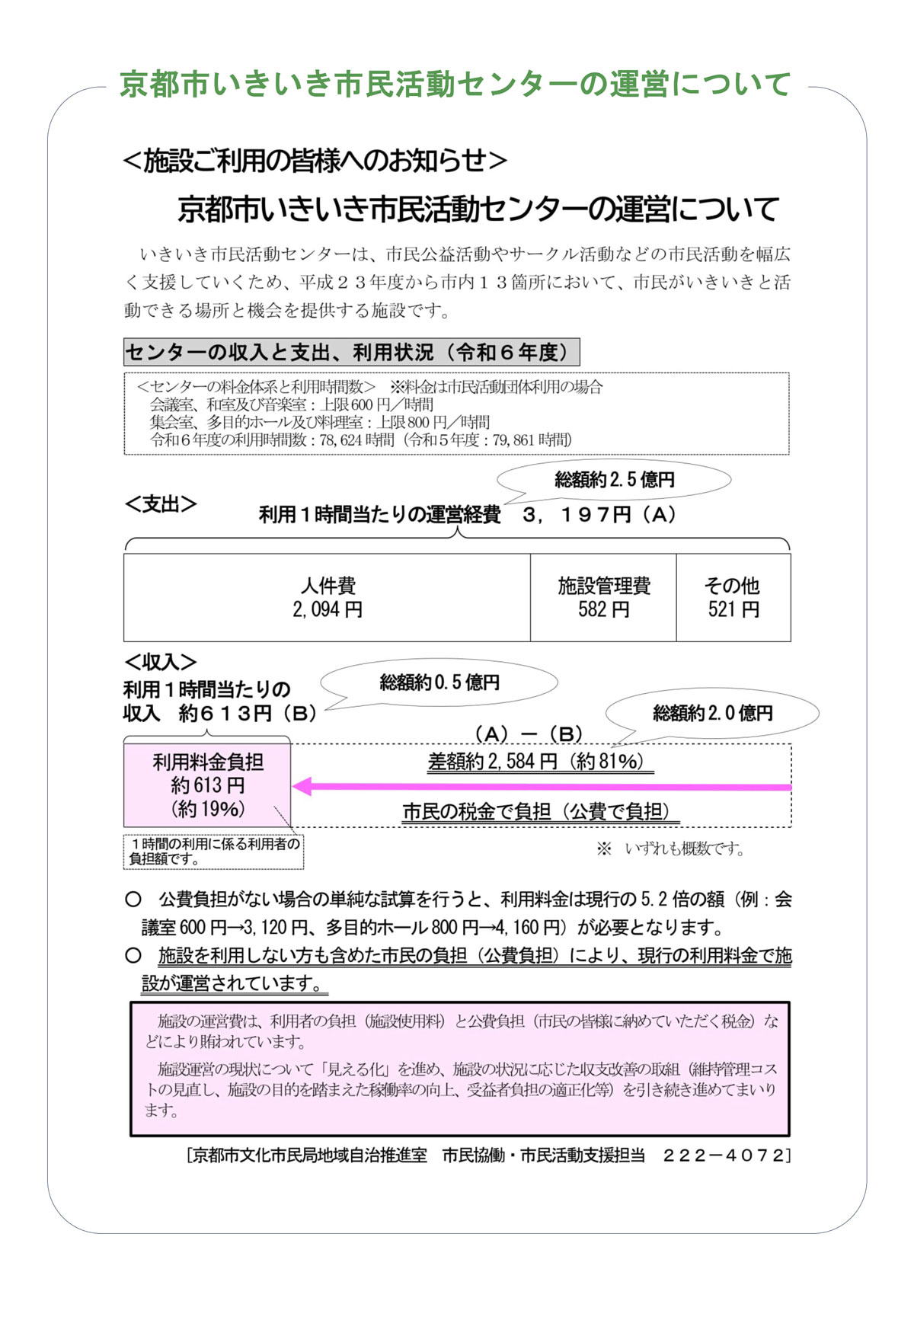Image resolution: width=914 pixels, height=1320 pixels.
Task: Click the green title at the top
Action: (455, 84)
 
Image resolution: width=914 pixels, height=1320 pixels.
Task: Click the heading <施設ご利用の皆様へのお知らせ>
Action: (315, 161)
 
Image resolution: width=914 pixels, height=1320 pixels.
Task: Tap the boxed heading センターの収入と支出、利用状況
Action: (351, 353)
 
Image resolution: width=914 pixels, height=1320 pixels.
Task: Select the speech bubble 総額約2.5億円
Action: (615, 480)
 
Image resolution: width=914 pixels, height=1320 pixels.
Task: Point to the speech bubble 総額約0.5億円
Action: (439, 682)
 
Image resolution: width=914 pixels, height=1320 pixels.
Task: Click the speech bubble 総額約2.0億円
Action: (712, 713)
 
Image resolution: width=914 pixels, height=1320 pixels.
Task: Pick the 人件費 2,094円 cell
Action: (328, 597)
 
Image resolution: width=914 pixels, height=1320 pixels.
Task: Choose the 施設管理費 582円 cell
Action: (603, 597)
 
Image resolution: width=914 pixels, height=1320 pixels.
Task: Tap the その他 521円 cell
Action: (733, 597)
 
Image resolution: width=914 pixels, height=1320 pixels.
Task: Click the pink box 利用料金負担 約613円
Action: (207, 785)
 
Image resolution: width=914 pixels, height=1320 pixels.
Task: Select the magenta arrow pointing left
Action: (541, 787)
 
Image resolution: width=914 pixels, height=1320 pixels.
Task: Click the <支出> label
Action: (161, 504)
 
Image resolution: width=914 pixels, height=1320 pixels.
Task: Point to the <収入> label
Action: (161, 662)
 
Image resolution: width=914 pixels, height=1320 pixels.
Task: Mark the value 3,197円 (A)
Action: (599, 515)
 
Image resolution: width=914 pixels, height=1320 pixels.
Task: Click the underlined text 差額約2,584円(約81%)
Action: (540, 761)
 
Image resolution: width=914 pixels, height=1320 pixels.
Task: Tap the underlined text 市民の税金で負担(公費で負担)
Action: (540, 812)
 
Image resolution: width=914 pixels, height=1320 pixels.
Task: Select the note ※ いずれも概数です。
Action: (670, 849)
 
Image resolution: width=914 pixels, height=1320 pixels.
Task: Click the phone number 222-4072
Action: (723, 1155)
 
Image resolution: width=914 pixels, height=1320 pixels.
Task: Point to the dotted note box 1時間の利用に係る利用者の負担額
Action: (214, 852)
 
